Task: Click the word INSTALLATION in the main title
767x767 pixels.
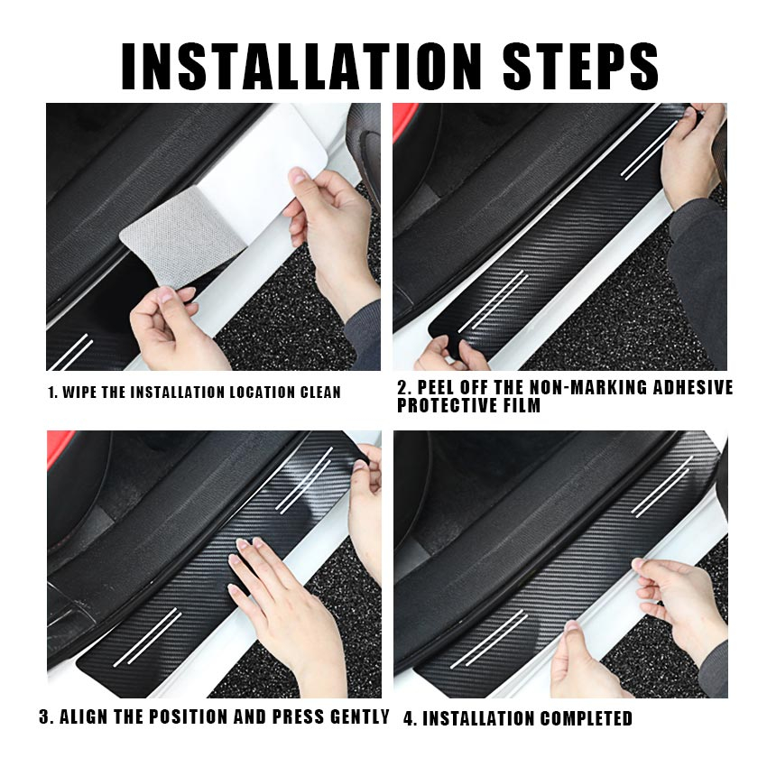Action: click(301, 66)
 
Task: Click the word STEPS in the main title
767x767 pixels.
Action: click(580, 66)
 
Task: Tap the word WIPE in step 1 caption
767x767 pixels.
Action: click(79, 393)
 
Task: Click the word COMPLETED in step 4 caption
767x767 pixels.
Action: click(586, 718)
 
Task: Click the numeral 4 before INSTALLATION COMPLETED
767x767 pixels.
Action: click(409, 718)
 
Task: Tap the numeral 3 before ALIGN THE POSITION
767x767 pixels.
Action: click(45, 716)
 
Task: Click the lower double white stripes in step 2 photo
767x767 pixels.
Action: click(493, 300)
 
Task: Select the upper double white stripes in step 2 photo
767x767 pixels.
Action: click(650, 151)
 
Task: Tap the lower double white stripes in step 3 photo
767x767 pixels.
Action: click(147, 637)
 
